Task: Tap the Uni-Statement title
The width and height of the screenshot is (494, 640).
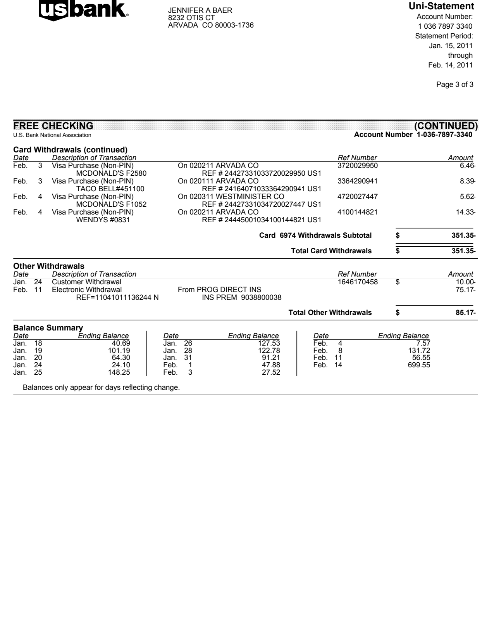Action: click(x=441, y=6)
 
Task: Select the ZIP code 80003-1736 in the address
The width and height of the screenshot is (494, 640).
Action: click(x=234, y=25)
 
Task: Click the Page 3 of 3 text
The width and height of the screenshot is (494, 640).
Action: click(x=454, y=85)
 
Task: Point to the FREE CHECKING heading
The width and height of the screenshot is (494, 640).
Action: click(x=53, y=126)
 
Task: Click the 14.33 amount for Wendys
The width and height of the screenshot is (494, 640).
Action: click(x=465, y=212)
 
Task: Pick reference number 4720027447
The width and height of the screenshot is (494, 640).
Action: click(x=357, y=197)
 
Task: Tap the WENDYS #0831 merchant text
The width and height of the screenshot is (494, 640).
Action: click(x=103, y=220)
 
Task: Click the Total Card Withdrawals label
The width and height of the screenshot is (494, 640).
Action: click(x=331, y=251)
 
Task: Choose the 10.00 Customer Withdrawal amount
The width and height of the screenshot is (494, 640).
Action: click(x=465, y=282)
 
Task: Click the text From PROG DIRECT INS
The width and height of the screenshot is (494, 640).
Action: click(x=219, y=290)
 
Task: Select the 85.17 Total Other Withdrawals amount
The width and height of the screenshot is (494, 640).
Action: click(x=465, y=313)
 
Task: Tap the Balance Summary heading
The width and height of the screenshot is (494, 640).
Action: click(x=48, y=328)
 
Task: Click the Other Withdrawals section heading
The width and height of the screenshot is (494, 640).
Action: click(x=48, y=266)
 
